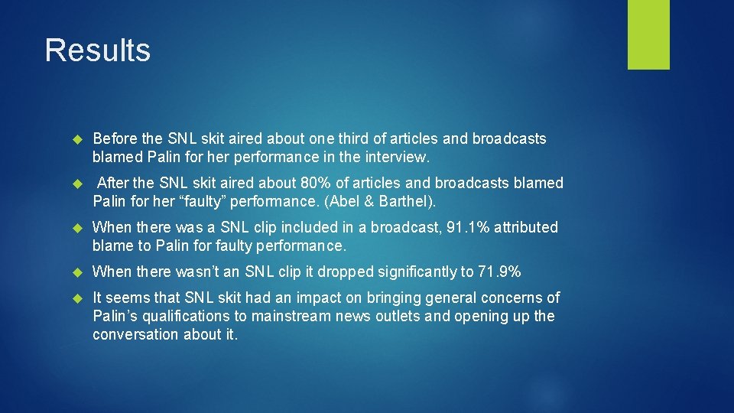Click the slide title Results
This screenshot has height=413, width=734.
97,50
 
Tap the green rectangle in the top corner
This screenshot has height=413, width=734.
648,34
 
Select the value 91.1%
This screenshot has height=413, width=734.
472,227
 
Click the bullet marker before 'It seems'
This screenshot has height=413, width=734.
76,298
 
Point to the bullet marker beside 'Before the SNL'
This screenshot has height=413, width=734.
76,139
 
